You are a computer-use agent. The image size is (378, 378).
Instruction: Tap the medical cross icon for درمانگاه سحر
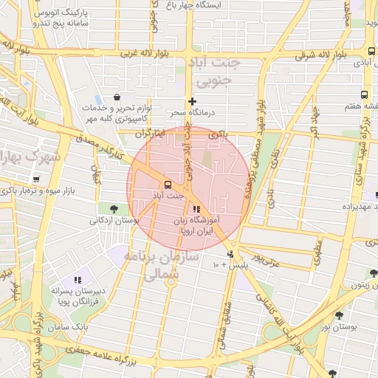(192, 101)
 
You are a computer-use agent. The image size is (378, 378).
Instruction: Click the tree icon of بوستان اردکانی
(113, 208)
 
